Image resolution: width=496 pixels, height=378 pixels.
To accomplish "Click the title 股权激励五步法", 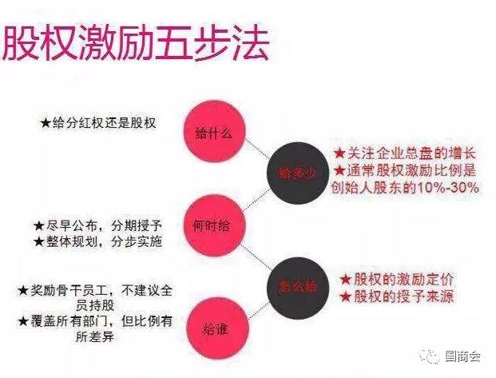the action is click(x=134, y=42).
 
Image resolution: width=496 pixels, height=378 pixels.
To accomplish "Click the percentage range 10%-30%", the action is click(x=447, y=188).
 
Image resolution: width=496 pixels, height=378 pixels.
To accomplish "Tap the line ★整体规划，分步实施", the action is click(x=97, y=241).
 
